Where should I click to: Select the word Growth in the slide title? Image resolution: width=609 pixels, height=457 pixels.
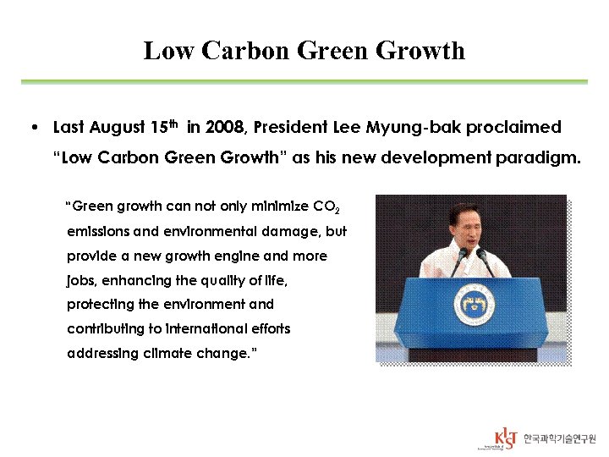[420, 51]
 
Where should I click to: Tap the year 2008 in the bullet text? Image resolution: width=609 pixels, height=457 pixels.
[223, 128]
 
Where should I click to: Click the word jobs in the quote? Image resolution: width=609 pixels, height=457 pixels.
[80, 280]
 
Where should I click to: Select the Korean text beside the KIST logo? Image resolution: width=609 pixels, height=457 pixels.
[559, 438]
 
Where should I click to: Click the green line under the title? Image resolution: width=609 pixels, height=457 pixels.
[304, 82]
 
